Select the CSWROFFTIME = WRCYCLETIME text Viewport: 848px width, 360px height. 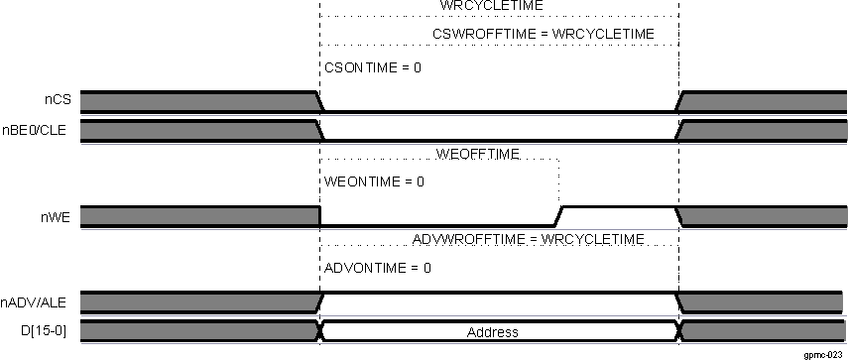(x=544, y=35)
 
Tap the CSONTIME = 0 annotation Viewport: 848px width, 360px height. (x=373, y=68)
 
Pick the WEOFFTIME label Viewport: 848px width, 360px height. (x=478, y=154)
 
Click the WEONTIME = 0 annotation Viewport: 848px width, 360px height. (x=374, y=182)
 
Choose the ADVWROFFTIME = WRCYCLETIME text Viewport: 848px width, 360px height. (x=528, y=239)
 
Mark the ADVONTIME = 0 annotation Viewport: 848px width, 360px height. (x=377, y=269)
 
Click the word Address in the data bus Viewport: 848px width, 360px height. (x=493, y=332)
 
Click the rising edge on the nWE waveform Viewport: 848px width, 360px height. (x=559, y=216)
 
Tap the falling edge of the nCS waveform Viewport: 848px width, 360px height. (x=319, y=101)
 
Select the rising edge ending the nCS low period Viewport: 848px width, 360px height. (x=678, y=101)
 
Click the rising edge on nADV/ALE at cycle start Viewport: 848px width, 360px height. (x=319, y=301)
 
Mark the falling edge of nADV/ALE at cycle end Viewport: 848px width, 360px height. (x=678, y=301)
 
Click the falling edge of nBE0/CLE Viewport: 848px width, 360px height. (x=319, y=130)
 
